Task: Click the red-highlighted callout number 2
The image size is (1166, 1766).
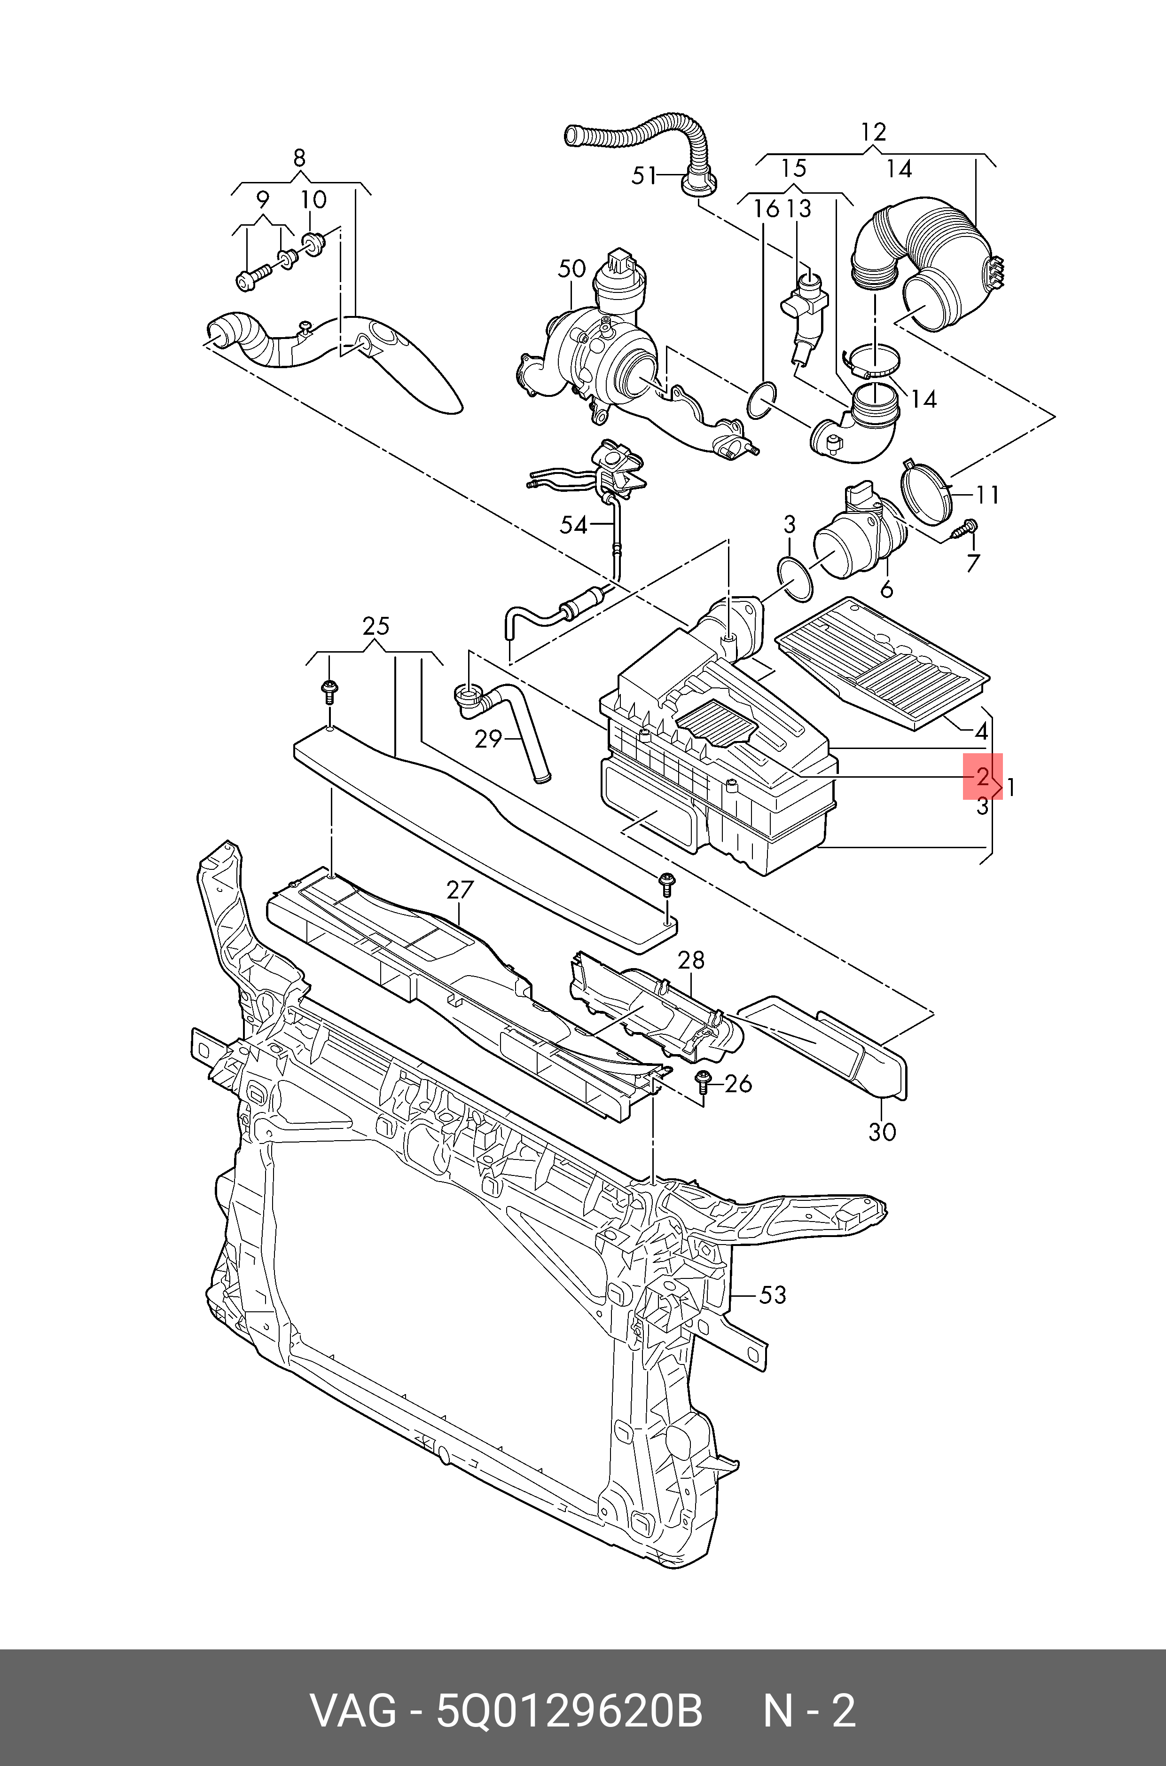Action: pyautogui.click(x=982, y=777)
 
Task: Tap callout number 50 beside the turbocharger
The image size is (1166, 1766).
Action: pyautogui.click(x=572, y=268)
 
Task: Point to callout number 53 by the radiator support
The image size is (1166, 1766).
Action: pyautogui.click(x=772, y=1295)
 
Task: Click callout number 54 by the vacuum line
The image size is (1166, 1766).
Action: pyautogui.click(x=573, y=525)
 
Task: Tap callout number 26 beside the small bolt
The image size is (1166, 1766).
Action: pyautogui.click(x=738, y=1084)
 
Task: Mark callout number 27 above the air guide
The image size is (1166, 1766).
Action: pyautogui.click(x=460, y=890)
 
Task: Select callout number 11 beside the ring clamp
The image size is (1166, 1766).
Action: pyautogui.click(x=987, y=495)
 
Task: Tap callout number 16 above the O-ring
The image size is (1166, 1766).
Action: pyautogui.click(x=766, y=209)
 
